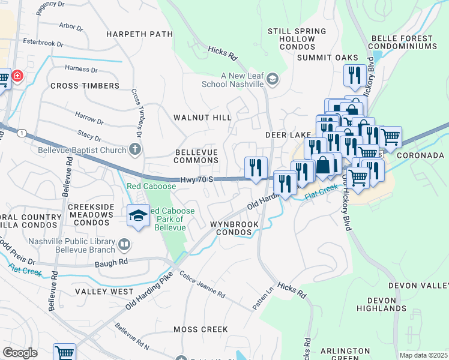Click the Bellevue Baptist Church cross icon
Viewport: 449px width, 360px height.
tap(135, 150)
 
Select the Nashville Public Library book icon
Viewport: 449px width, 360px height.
tap(124, 244)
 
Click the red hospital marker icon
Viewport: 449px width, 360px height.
tap(17, 76)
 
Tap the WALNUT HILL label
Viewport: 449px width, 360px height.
tap(202, 118)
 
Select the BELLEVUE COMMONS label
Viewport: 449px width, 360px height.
tap(196, 156)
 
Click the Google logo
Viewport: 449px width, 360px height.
tap(20, 353)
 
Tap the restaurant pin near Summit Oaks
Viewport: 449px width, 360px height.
tap(354, 76)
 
